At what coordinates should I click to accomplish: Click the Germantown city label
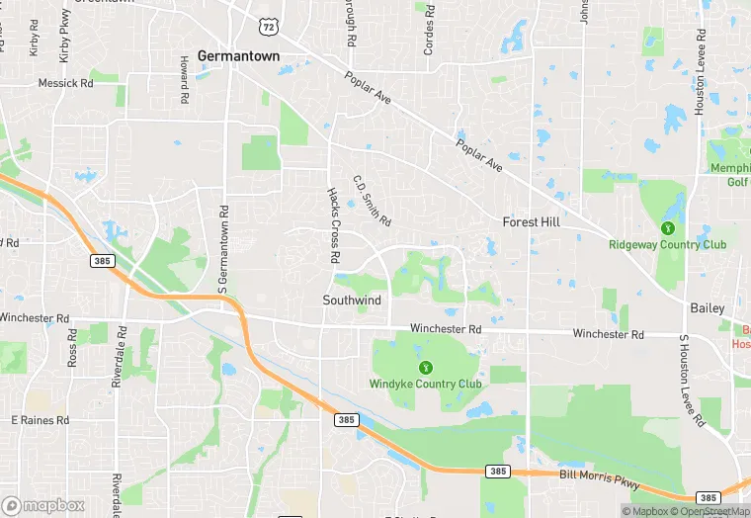pos(238,56)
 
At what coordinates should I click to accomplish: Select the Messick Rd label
pos(65,84)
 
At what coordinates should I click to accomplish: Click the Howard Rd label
pos(184,79)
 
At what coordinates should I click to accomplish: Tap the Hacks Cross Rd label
pos(334,226)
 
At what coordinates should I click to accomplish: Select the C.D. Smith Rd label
pos(373,201)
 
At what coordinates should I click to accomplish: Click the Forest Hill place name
pos(531,222)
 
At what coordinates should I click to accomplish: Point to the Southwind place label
pos(352,299)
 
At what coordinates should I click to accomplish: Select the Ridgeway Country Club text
pos(667,245)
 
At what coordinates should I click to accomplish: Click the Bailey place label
pos(708,308)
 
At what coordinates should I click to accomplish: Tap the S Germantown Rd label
pos(223,242)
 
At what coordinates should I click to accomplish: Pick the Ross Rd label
pos(72,348)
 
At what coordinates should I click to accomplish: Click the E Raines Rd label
pos(41,420)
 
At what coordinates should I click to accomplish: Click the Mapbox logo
pos(43,505)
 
